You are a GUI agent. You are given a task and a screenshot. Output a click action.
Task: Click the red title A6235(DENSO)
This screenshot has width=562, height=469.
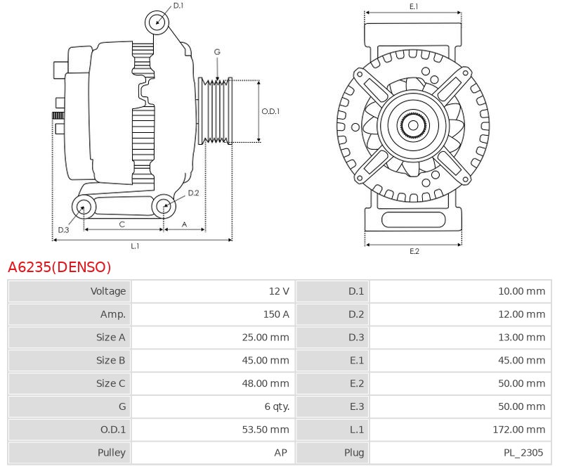click(x=59, y=267)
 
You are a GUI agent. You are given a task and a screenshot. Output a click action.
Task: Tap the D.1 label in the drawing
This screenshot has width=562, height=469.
click(x=178, y=5)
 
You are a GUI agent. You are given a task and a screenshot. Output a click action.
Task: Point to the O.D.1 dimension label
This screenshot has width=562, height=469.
click(x=270, y=111)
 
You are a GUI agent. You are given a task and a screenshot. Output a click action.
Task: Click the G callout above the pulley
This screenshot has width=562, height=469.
click(x=217, y=52)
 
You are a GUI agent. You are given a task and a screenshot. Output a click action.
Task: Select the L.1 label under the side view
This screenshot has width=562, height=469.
click(x=135, y=246)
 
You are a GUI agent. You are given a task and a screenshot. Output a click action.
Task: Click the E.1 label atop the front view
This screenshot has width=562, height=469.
click(x=414, y=6)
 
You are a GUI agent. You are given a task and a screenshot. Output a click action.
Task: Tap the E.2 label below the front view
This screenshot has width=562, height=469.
click(x=414, y=251)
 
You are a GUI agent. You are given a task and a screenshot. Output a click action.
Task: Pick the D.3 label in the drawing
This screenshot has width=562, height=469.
click(x=63, y=230)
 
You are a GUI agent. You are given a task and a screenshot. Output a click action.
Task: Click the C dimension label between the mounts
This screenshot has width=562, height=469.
click(x=122, y=224)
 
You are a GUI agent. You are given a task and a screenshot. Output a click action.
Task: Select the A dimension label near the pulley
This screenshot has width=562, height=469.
click(x=184, y=224)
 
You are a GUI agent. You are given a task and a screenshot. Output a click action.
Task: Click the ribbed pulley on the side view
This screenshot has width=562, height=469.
click(x=216, y=111)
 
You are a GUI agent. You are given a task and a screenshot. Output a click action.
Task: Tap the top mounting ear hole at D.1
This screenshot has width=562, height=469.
click(x=157, y=23)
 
